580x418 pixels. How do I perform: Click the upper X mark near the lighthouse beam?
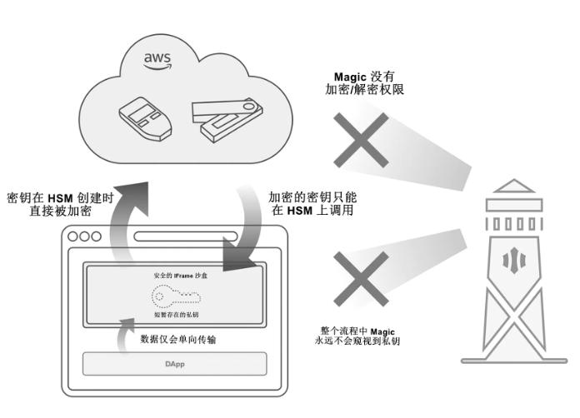click(x=362, y=140)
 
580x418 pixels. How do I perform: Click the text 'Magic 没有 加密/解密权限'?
click(x=364, y=82)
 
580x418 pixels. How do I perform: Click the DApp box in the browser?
click(x=174, y=364)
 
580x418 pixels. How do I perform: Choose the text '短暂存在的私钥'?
click(x=175, y=315)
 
